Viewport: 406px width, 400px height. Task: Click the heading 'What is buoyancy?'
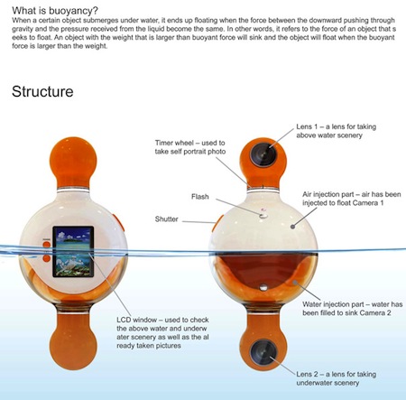[55, 11]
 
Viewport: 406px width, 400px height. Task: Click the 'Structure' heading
[42, 91]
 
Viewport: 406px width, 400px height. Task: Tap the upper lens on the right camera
[263, 154]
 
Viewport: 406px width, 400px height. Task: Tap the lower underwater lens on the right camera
[263, 352]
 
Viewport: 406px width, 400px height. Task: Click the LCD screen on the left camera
[73, 252]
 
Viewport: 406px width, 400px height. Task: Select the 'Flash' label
[200, 197]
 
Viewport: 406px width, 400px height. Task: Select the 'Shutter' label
[167, 219]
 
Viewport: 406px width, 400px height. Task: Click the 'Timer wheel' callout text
[190, 147]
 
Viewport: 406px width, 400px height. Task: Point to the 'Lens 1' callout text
[337, 131]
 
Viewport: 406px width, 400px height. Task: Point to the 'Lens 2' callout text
[337, 378]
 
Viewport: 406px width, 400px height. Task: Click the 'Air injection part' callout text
[352, 199]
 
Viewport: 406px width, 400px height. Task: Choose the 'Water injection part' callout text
[353, 308]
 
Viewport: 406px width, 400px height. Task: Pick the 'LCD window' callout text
[162, 332]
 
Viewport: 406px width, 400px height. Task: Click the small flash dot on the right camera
[263, 216]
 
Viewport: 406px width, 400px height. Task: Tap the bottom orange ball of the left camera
[73, 346]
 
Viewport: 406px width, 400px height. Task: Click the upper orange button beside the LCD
[47, 245]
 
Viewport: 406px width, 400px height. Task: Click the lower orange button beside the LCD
[47, 258]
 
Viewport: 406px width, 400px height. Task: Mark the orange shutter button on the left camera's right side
[120, 222]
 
